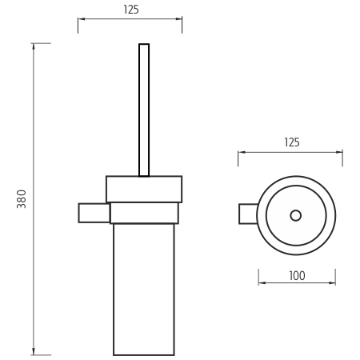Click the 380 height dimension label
[x=22, y=199]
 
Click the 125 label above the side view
[x=131, y=10]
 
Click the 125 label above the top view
[x=292, y=142]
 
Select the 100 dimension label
[x=297, y=276]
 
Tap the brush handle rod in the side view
[x=144, y=110]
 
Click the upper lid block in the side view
[x=144, y=189]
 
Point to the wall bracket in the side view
[x=94, y=213]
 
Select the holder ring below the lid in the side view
[x=144, y=213]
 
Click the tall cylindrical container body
[x=144, y=290]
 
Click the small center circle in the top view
[x=296, y=215]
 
